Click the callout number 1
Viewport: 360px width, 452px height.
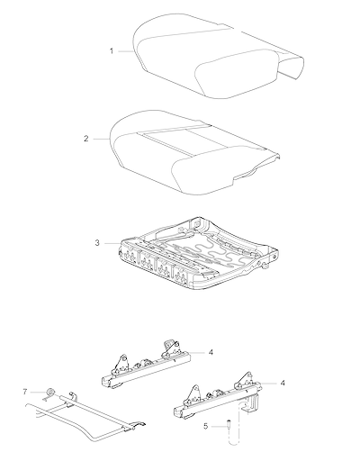click(x=112, y=51)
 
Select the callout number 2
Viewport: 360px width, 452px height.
click(x=86, y=139)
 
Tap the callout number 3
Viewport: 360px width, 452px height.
click(x=97, y=243)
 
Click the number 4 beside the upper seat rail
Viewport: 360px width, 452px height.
click(x=211, y=352)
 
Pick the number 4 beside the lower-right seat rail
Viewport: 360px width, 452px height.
click(x=283, y=383)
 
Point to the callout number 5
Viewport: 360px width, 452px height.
click(x=205, y=426)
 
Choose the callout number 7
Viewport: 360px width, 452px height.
click(x=25, y=392)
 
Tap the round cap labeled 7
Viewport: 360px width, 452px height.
click(x=49, y=392)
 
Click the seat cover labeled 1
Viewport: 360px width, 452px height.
click(x=219, y=56)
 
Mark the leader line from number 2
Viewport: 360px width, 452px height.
click(x=101, y=139)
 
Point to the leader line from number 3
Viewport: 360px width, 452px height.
click(x=112, y=243)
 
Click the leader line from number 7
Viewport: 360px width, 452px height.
click(x=38, y=392)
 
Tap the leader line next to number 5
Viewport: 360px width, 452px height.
click(x=219, y=426)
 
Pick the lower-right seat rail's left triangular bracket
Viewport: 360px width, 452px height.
click(x=194, y=393)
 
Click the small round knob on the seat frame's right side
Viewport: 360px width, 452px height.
click(x=265, y=265)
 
